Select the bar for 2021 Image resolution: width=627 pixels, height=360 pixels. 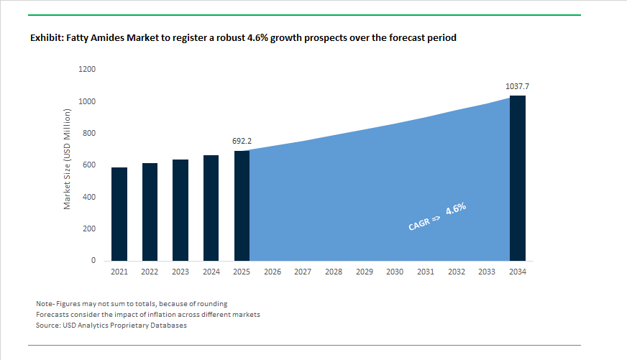(x=119, y=214)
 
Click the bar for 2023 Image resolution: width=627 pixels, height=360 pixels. (x=180, y=210)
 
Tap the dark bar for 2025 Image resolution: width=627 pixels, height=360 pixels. (x=242, y=206)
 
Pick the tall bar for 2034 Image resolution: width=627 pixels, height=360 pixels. (x=517, y=178)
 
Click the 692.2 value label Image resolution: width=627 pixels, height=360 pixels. (x=242, y=142)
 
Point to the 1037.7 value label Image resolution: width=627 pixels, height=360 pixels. (x=517, y=86)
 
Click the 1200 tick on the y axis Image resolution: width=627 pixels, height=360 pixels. (x=88, y=70)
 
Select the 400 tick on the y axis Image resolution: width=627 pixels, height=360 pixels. (x=90, y=197)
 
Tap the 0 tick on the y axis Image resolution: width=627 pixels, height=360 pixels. (x=93, y=261)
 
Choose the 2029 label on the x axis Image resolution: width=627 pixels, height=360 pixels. (x=364, y=272)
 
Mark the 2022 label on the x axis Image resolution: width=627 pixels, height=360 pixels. (x=150, y=272)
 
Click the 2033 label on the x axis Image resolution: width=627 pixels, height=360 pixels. (x=487, y=272)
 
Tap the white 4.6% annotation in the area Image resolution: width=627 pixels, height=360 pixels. (x=456, y=210)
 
